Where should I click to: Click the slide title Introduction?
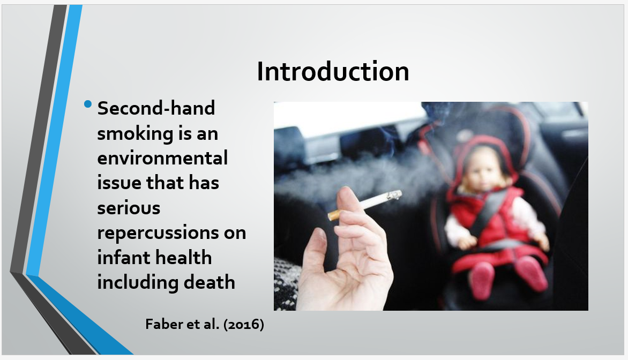pyautogui.click(x=333, y=71)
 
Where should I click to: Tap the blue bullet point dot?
pyautogui.click(x=88, y=104)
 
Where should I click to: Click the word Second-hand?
pyautogui.click(x=156, y=108)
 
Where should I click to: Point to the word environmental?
pyautogui.click(x=162, y=158)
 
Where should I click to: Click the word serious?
pyautogui.click(x=129, y=208)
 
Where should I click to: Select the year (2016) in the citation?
pyautogui.click(x=243, y=324)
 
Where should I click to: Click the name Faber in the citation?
pyautogui.click(x=160, y=324)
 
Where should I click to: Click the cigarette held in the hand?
pyautogui.click(x=365, y=205)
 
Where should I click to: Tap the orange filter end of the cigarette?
pyautogui.click(x=334, y=215)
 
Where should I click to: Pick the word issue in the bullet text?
pyautogui.click(x=119, y=183)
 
